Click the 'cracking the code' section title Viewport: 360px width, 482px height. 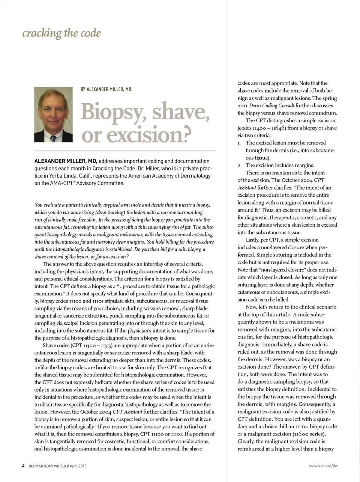[x=61, y=33]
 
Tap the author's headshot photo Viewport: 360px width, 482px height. [x=53, y=114]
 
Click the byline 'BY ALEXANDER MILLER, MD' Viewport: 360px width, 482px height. [x=106, y=89]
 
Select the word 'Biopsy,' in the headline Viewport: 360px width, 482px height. [x=113, y=112]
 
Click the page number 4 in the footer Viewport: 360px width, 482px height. [x=23, y=466]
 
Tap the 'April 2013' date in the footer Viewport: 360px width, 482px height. [x=78, y=466]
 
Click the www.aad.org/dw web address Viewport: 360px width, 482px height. [x=323, y=466]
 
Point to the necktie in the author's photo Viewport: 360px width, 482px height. [x=54, y=139]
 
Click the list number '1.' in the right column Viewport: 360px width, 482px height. [x=239, y=143]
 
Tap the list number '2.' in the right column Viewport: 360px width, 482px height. [x=239, y=165]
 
